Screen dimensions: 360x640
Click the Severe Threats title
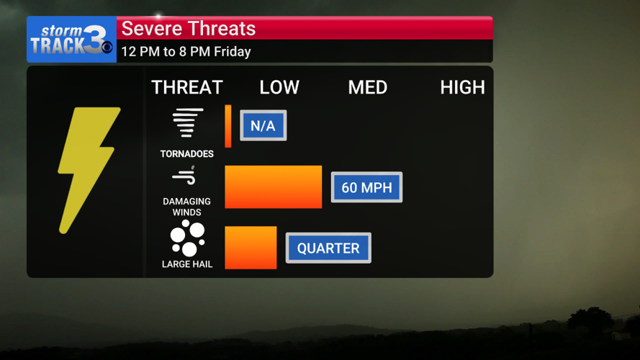[188, 29]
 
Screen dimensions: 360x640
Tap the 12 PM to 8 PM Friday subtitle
[186, 52]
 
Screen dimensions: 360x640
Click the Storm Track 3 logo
[71, 40]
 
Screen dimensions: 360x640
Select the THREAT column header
[186, 88]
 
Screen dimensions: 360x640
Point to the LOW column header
[279, 88]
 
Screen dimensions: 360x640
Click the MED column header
[368, 88]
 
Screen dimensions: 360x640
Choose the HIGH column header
[462, 88]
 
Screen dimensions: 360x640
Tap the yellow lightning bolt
[88, 169]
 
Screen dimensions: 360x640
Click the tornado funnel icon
[187, 123]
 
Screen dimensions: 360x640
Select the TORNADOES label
[187, 154]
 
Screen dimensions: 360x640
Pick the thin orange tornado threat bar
[228, 126]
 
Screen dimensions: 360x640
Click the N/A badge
[263, 126]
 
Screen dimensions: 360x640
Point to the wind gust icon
[184, 176]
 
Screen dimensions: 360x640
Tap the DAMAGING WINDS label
[187, 207]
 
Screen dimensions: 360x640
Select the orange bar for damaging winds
[274, 187]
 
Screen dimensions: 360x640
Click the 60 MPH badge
[366, 188]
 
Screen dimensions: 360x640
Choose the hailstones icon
[187, 238]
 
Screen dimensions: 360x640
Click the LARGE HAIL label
[187, 264]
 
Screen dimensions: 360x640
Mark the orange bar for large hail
[251, 248]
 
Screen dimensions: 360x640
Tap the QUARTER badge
[328, 248]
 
